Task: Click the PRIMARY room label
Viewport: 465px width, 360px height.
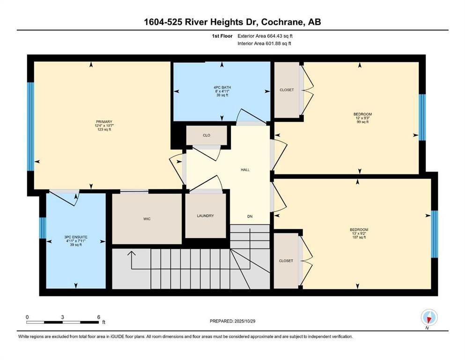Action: pos(104,122)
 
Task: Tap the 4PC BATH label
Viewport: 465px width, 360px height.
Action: pos(222,88)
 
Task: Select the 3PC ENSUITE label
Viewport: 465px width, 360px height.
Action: pos(76,237)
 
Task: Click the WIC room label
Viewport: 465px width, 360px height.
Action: pos(147,219)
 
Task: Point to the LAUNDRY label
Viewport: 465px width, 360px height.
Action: pos(205,216)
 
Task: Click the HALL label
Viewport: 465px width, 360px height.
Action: pos(245,170)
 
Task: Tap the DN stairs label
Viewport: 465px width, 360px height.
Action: pos(250,217)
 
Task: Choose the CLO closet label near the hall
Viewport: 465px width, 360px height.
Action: pos(207,135)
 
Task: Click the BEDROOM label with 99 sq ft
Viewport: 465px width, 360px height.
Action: pos(362,114)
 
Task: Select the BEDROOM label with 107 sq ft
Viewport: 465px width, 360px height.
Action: pos(359,230)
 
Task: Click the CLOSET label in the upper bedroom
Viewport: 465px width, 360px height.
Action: pos(287,90)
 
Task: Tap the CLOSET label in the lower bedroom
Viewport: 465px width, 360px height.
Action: pos(286,261)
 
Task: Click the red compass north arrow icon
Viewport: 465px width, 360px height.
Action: pos(428,319)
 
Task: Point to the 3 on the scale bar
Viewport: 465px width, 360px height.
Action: pos(63,317)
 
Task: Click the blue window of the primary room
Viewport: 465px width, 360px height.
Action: pos(30,127)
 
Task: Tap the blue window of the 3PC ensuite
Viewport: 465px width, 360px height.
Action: pos(43,228)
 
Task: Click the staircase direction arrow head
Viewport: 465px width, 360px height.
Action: pos(132,253)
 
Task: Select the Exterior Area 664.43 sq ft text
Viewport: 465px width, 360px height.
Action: pos(265,36)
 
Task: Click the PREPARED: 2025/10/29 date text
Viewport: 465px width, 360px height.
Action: pos(232,321)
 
